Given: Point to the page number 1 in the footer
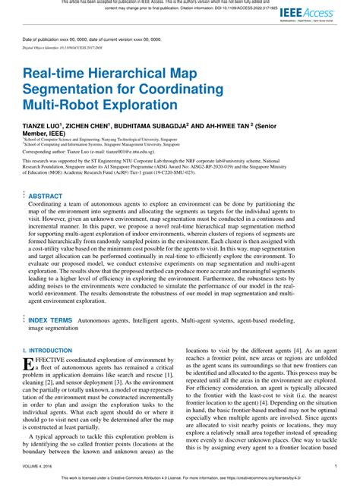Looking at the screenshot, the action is point(336,467).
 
